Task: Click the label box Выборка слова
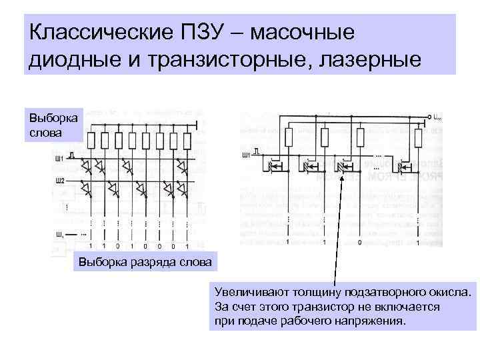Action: pyautogui.click(x=53, y=123)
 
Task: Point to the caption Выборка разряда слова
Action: pyautogui.click(x=145, y=262)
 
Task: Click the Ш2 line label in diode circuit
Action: pyautogui.click(x=60, y=181)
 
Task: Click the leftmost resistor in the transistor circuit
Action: pyautogui.click(x=289, y=138)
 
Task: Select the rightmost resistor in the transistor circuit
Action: pyautogui.click(x=418, y=138)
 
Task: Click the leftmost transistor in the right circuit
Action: pyautogui.click(x=275, y=164)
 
